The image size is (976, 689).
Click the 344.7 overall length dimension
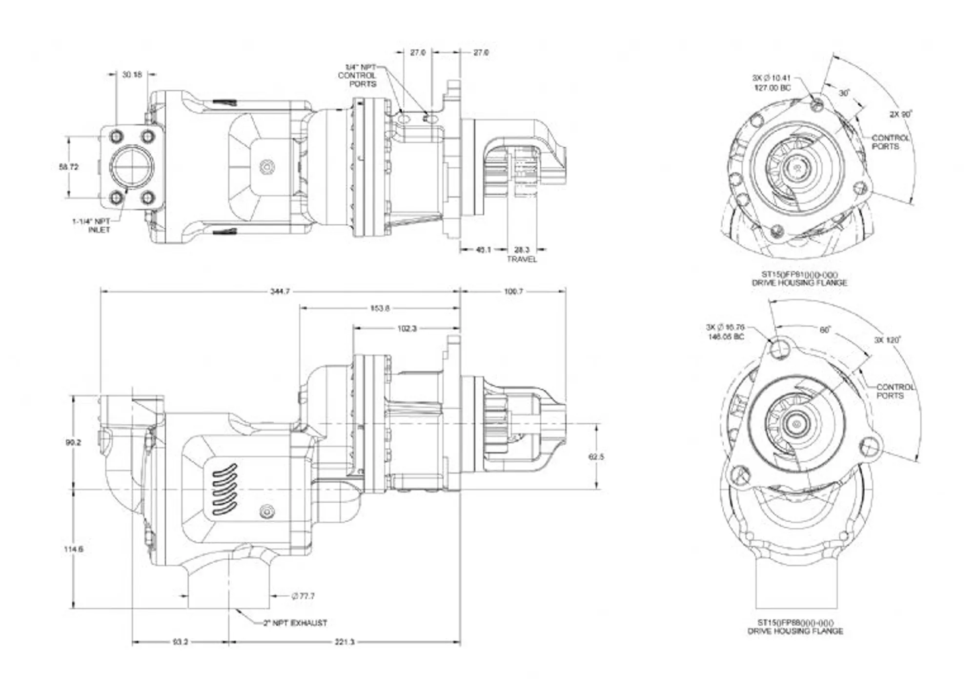280,291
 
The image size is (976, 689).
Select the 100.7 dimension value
513,291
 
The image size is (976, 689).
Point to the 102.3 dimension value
407,329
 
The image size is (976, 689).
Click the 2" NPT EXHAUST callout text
295,623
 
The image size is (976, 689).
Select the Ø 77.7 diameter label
303,596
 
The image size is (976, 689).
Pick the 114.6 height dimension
73,549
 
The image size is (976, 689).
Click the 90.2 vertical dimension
73,442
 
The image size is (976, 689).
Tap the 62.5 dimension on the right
596,456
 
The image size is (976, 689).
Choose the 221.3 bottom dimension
345,642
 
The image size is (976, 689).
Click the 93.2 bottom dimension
180,642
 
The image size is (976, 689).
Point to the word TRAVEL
522,259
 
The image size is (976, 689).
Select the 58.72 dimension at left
68,167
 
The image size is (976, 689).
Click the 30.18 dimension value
132,75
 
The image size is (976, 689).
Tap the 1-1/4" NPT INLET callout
93,225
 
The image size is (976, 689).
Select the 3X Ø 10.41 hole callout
772,82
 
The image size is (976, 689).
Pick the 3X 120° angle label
887,340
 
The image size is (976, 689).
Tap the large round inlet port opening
131,167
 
